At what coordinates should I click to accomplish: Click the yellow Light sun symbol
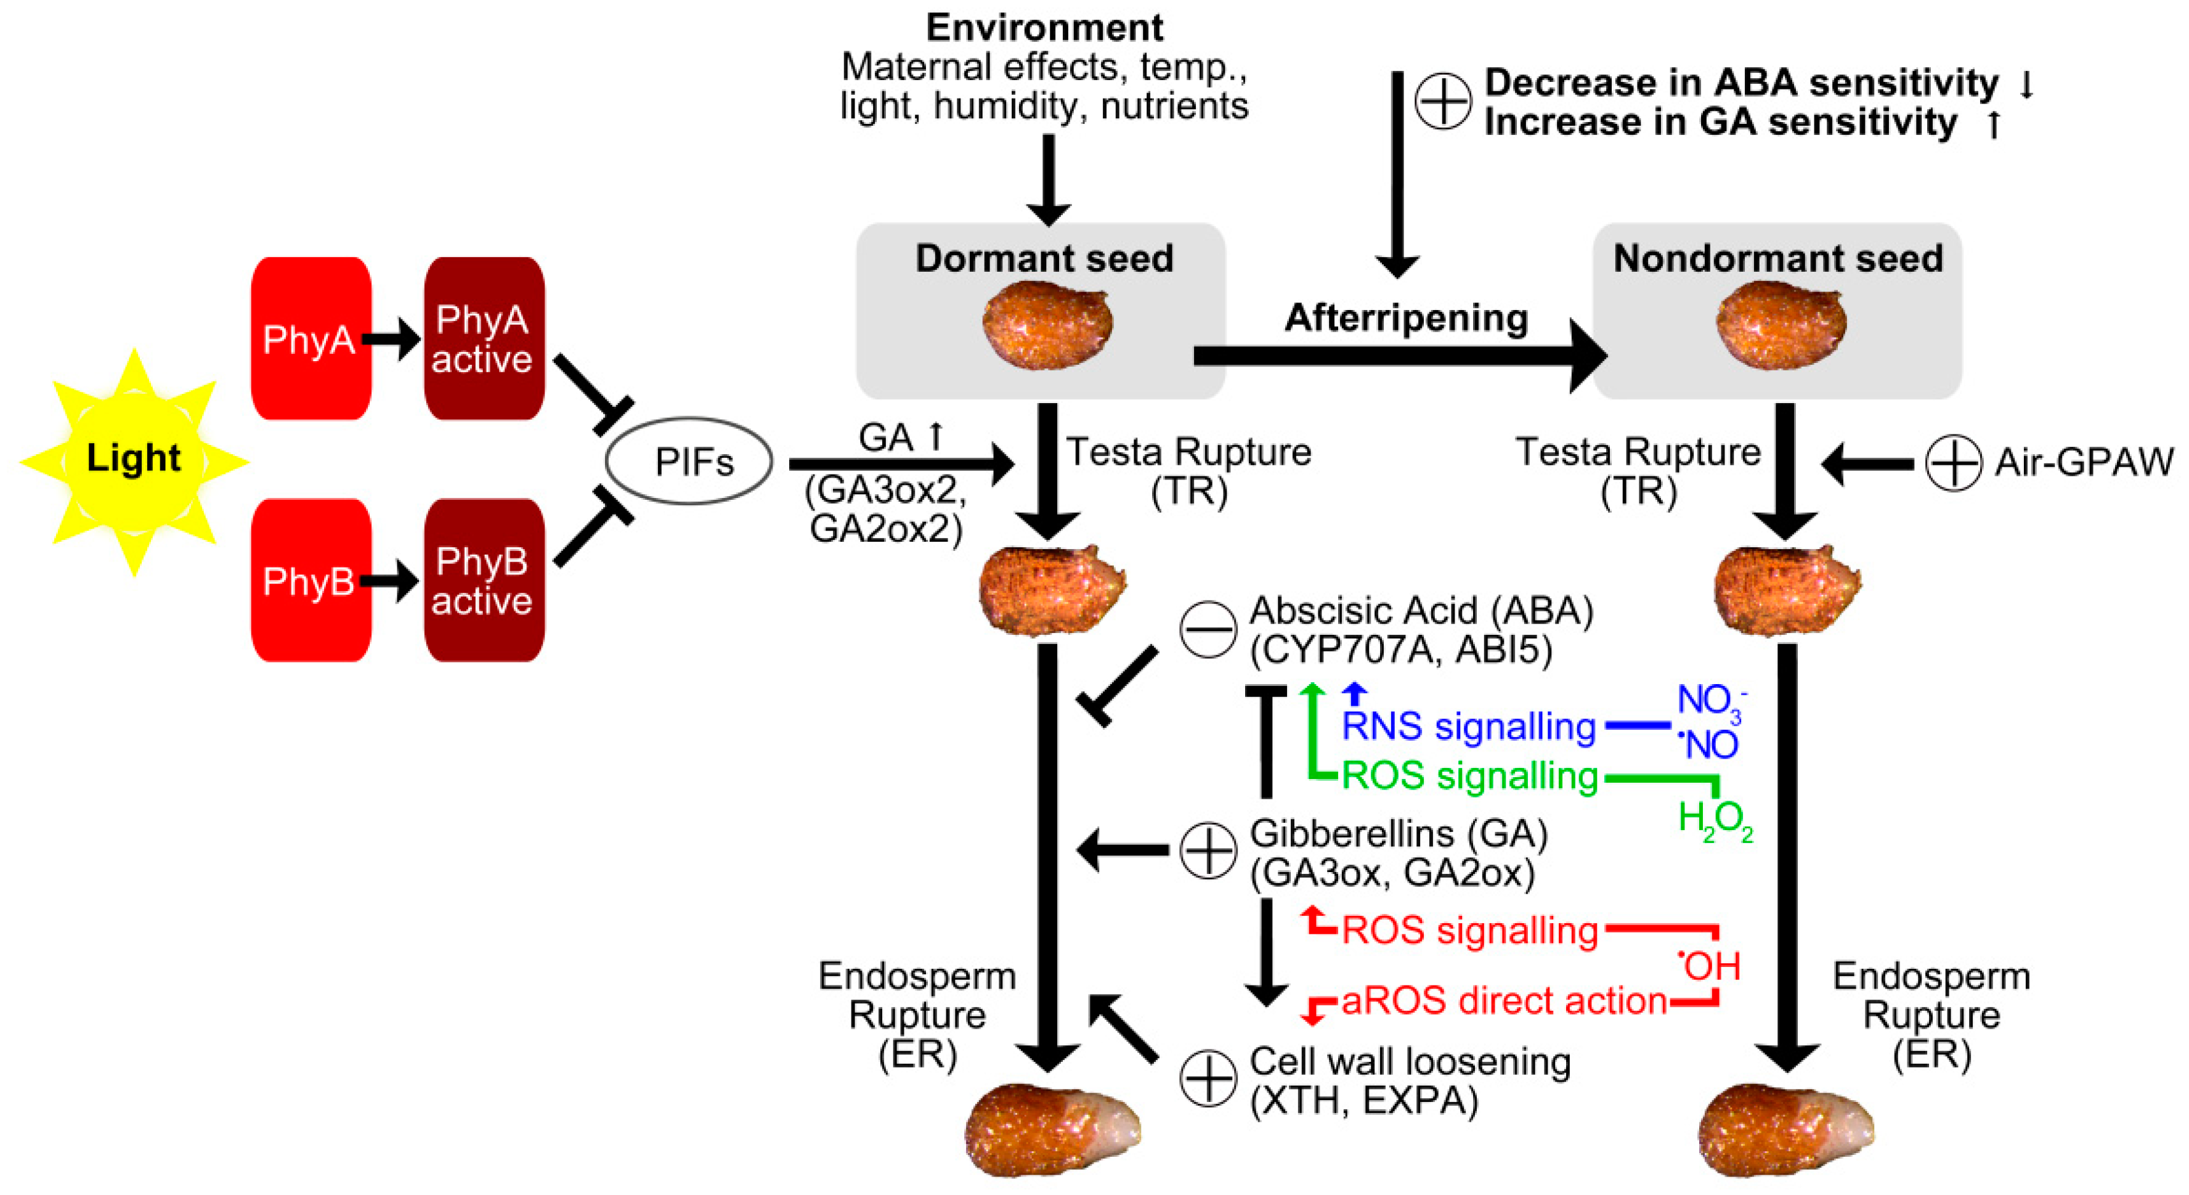134,462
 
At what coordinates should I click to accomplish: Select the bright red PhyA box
311,338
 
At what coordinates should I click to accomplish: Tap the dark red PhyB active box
484,581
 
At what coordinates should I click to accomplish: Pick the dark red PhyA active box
484,338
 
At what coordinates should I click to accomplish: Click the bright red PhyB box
311,581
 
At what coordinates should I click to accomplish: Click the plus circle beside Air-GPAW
1954,463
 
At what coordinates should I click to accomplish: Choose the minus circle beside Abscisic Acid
1208,630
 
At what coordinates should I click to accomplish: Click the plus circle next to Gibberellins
1208,850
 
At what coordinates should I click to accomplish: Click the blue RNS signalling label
1468,727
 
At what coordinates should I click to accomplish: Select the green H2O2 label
1715,820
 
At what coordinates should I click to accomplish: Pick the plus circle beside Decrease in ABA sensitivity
1443,101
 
